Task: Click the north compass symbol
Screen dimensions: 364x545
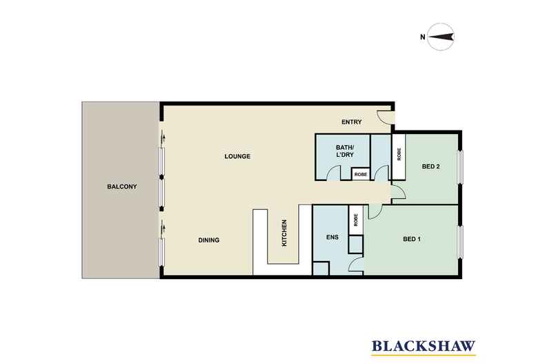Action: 440,37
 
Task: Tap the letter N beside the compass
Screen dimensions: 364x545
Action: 422,37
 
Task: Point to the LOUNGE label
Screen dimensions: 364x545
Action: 237,156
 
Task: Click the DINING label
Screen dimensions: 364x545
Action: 208,240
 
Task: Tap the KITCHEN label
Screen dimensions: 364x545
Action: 284,233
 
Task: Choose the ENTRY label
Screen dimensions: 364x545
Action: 352,122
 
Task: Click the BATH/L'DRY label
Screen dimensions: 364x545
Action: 344,151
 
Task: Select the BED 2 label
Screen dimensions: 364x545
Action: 431,166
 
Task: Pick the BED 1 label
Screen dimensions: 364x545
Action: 412,240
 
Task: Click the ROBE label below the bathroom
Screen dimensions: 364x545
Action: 360,175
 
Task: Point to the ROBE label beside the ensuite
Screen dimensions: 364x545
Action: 356,221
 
